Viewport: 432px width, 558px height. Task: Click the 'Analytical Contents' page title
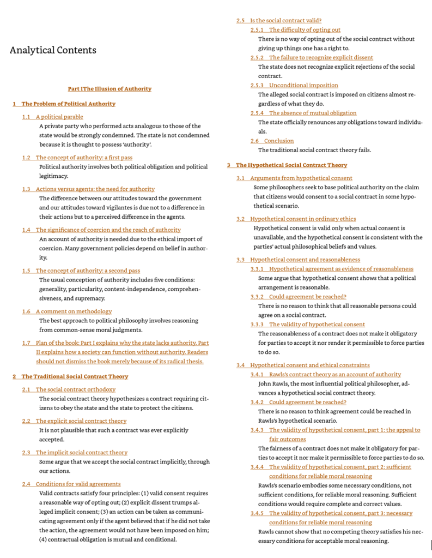pos(53,50)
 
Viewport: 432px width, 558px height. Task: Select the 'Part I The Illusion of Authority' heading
pos(109,88)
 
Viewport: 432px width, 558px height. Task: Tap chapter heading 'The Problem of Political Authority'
pos(68,104)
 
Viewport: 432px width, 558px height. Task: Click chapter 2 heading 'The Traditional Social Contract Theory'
pos(75,376)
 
